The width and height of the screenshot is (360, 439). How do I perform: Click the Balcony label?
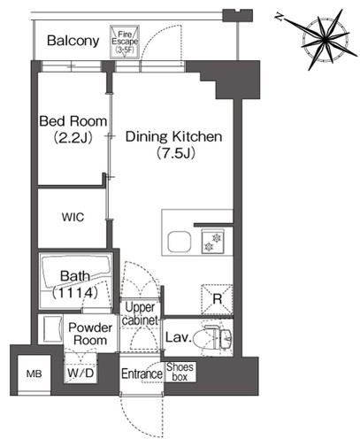73,41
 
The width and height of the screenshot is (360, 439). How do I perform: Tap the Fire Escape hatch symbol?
125,42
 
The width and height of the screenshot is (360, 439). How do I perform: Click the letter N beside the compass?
279,16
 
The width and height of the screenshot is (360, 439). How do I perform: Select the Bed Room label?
73,121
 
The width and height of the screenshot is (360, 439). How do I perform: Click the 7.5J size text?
176,153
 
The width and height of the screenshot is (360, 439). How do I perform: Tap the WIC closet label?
73,217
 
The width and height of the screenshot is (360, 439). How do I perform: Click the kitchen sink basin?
180,242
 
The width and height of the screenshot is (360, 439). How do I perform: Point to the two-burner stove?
213,242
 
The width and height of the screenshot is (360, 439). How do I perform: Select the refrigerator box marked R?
217,299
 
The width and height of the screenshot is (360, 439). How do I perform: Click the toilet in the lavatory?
218,338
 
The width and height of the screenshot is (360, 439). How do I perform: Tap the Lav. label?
179,337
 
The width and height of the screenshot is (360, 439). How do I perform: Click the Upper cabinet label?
140,313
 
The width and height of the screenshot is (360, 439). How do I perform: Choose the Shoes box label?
180,372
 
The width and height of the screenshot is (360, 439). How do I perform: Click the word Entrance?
142,374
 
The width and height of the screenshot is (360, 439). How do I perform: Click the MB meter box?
34,374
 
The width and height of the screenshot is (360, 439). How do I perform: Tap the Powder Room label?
90,334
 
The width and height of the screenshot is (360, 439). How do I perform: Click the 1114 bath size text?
75,293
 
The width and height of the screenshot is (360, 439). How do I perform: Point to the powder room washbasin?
50,328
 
